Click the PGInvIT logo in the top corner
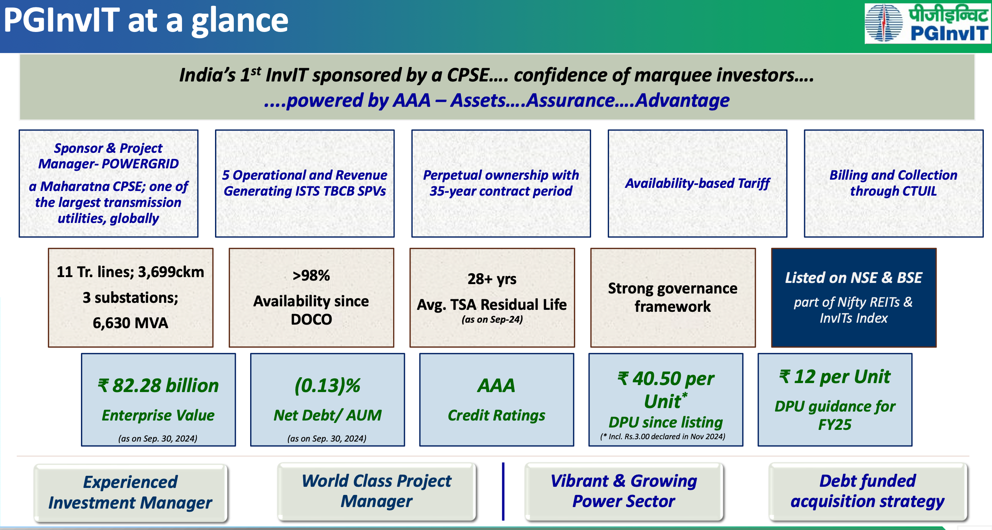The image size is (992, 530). (927, 23)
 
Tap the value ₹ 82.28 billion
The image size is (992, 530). (158, 385)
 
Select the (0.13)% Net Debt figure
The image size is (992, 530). (327, 385)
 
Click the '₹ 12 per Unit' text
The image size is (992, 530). (835, 377)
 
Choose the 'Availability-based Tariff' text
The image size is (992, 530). (697, 183)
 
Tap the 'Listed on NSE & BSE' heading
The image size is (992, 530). (853, 277)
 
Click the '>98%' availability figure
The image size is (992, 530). (311, 276)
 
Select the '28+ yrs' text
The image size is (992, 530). (492, 279)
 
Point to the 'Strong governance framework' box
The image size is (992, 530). (673, 298)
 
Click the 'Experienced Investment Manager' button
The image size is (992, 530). (131, 493)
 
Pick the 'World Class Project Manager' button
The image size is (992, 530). (377, 491)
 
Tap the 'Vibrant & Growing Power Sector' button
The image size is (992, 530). (624, 491)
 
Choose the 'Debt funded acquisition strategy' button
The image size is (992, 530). (868, 491)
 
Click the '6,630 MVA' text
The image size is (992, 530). (131, 323)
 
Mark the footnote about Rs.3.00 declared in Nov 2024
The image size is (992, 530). (663, 436)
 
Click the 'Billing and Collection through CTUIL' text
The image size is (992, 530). (893, 183)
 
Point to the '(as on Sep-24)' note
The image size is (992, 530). (492, 320)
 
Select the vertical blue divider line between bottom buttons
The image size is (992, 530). (503, 491)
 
